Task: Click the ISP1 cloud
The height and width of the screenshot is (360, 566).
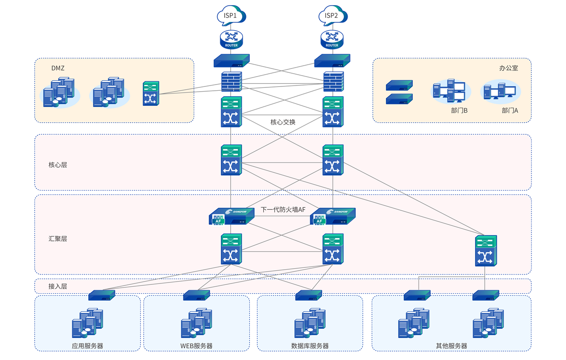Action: click(231, 16)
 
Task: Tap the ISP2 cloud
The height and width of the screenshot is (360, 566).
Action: click(332, 16)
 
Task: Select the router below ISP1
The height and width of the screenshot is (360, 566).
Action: click(231, 39)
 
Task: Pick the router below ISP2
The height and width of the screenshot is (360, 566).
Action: click(332, 39)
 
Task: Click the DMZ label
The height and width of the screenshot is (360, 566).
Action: click(58, 68)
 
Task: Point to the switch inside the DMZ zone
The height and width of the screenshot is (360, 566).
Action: click(151, 93)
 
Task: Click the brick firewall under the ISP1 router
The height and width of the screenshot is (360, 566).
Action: click(231, 81)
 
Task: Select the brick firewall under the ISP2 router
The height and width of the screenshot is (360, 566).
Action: click(333, 81)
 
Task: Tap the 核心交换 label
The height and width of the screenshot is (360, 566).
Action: click(283, 122)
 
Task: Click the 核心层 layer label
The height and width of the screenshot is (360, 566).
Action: click(58, 165)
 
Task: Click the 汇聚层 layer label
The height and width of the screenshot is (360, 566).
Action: click(58, 239)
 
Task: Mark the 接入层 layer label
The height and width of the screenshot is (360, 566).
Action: click(58, 286)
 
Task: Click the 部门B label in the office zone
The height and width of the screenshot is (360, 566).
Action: click(459, 111)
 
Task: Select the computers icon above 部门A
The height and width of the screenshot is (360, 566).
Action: click(500, 91)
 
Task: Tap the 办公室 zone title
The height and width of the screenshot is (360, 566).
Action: click(508, 68)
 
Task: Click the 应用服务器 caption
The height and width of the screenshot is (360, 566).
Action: click(87, 346)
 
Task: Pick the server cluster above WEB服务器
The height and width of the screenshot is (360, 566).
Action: click(196, 323)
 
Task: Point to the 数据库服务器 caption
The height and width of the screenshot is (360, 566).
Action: click(310, 346)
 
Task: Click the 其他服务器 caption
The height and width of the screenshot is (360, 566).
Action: click(451, 346)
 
